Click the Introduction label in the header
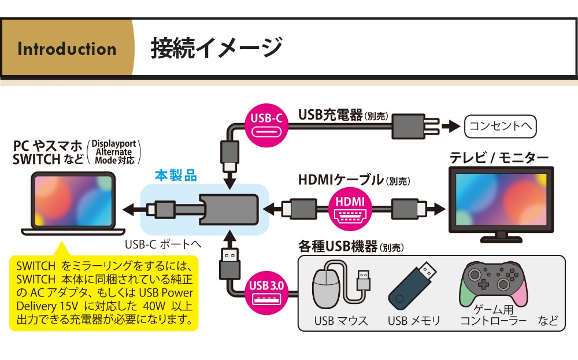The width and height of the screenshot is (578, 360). click(67, 49)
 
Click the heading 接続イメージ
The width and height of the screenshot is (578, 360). click(216, 47)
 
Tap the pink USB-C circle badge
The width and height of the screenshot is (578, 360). click(266, 119)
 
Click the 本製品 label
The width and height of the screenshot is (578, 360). click(176, 175)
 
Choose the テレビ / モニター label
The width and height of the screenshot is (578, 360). click(499, 157)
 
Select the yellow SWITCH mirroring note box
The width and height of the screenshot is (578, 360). click(104, 292)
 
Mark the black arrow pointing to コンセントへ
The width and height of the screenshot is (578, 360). click(450, 125)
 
